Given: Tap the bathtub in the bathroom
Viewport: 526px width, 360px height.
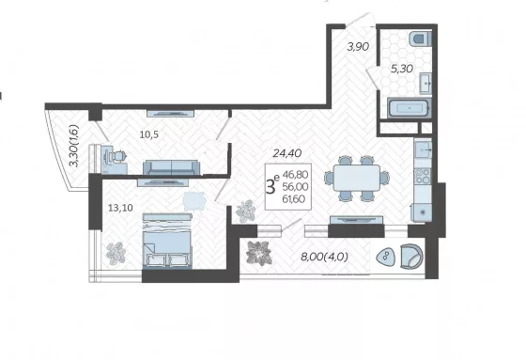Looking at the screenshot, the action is tap(409, 108).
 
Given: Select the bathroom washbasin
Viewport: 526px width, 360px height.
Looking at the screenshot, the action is tap(425, 83).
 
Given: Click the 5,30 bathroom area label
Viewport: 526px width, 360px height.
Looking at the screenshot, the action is tap(402, 69).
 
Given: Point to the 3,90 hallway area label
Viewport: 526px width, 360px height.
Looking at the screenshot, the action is tap(358, 47).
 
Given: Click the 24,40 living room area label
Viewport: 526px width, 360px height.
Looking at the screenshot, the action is tap(287, 153).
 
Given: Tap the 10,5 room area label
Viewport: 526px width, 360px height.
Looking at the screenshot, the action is tap(149, 134).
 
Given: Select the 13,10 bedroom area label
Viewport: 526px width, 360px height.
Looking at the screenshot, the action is tap(120, 208).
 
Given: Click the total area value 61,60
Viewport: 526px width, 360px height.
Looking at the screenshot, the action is tap(294, 199).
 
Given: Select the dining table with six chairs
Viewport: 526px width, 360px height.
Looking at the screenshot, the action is tap(357, 178).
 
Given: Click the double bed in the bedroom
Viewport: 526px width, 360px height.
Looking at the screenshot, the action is tap(167, 241).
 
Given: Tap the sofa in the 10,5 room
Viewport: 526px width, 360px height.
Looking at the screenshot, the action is tap(171, 167).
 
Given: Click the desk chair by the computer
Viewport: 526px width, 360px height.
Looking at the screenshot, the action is tap(119, 156).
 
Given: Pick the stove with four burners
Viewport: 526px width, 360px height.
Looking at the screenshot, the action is tap(423, 176).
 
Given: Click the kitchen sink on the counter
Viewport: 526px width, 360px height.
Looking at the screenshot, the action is tap(423, 149).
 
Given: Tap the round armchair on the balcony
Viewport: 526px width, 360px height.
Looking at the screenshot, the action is tap(411, 257).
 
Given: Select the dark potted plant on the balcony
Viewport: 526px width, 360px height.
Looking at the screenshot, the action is tap(258, 253).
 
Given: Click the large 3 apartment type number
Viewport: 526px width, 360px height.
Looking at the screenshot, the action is tap(271, 187).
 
